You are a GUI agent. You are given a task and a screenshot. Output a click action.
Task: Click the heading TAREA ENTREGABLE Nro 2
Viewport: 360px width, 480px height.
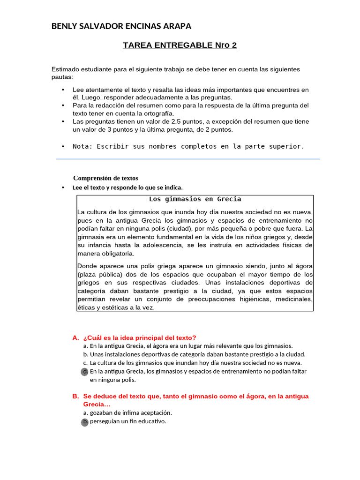pos(180,45)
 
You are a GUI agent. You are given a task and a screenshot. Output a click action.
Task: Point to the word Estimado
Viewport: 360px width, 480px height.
pos(65,69)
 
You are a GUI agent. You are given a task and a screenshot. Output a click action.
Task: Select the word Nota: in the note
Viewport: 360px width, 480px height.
pos(83,146)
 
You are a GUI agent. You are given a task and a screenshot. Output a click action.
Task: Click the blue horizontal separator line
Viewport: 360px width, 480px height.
pos(188,159)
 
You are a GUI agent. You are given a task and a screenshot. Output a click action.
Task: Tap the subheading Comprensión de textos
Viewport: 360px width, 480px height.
pos(105,178)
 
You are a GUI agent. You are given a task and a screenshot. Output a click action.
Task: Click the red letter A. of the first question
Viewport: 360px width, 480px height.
pos(75,338)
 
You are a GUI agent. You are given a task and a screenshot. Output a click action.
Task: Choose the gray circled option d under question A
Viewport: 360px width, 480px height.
pos(85,371)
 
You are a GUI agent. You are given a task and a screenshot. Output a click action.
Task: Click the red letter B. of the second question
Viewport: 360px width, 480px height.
pos(75,397)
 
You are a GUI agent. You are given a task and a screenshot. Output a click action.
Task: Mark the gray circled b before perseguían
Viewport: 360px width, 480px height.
pos(85,421)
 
